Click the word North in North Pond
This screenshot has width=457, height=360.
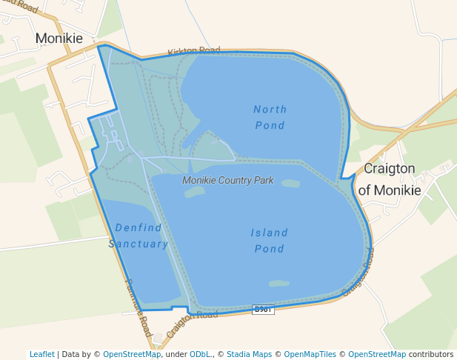tap(270, 110)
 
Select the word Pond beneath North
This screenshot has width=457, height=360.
tap(270, 125)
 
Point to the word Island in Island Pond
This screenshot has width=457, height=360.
tap(269, 233)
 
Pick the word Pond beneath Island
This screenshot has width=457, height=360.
tap(269, 249)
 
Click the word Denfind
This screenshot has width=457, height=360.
tap(139, 227)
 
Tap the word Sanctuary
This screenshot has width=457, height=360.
tap(139, 244)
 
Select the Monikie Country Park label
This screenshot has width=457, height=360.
tap(228, 180)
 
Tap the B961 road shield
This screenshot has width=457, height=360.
tap(263, 309)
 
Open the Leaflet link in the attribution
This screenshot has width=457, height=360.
tap(42, 354)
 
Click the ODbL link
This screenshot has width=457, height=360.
tap(199, 354)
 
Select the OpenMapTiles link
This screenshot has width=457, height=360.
tap(310, 354)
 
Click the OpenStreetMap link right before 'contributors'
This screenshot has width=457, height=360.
tap(377, 354)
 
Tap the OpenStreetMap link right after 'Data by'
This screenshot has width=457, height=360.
tap(132, 354)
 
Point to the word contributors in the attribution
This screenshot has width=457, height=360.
tap(430, 354)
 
